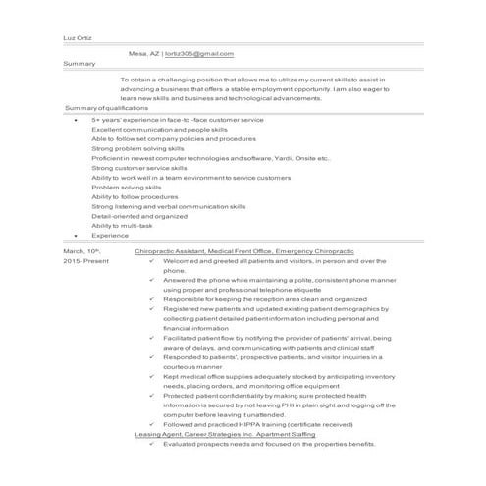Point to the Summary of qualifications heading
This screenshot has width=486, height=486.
click(104, 106)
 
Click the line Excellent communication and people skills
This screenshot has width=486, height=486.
click(159, 129)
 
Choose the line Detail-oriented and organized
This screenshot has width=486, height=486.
click(138, 216)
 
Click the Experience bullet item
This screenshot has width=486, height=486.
click(110, 236)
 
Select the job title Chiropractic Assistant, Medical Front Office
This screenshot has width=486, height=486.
click(203, 252)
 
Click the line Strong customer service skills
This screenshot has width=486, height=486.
click(138, 167)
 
